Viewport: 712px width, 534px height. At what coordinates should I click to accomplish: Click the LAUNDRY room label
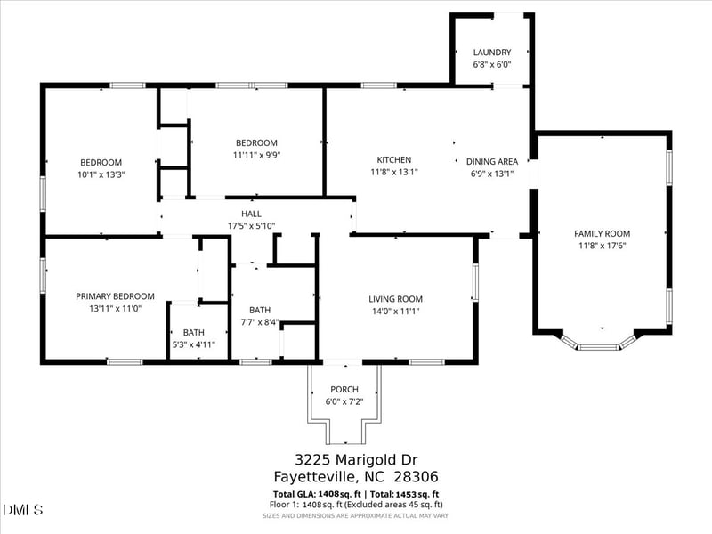point(491,53)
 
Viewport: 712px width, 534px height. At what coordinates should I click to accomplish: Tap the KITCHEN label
point(394,161)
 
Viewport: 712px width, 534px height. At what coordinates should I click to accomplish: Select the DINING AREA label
point(491,161)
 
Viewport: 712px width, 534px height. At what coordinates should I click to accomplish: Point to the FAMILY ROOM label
point(602,233)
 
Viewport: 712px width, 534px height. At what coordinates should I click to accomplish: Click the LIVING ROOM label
point(395,299)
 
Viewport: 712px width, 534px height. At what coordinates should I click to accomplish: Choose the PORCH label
point(344,390)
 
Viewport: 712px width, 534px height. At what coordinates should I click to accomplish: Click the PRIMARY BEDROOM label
point(115,296)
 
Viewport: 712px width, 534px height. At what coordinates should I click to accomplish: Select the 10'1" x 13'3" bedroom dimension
point(101,174)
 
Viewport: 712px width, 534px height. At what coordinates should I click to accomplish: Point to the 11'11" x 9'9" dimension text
point(256,155)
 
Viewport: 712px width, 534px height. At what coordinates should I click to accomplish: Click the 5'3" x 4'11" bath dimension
point(193,344)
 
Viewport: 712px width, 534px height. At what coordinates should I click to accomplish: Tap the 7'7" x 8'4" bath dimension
point(260,322)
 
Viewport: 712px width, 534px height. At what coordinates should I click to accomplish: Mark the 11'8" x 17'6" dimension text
point(602,245)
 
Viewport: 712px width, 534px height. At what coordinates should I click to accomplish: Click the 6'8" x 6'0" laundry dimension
point(491,65)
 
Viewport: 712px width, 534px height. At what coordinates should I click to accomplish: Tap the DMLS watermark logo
point(23,509)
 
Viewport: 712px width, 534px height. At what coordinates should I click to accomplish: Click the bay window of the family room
point(599,344)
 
